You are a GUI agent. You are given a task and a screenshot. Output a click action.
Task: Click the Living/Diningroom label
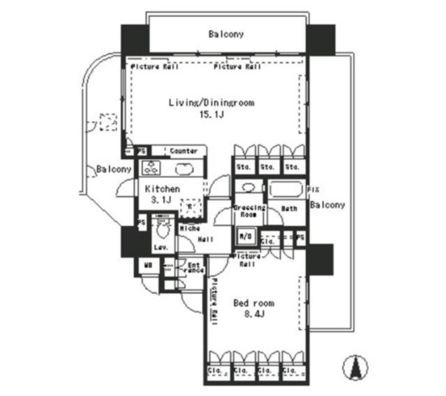pos(211,103)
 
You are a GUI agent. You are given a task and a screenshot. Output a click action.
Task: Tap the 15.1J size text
pos(210,116)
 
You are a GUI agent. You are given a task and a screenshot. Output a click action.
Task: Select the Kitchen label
pos(161,190)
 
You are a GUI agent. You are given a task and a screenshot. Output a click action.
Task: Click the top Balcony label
pos(226,34)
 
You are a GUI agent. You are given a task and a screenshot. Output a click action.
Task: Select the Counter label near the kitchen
pos(184,151)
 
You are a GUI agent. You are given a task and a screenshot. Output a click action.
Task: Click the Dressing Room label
pos(249,210)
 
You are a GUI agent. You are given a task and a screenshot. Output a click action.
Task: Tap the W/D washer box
pos(246,237)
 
